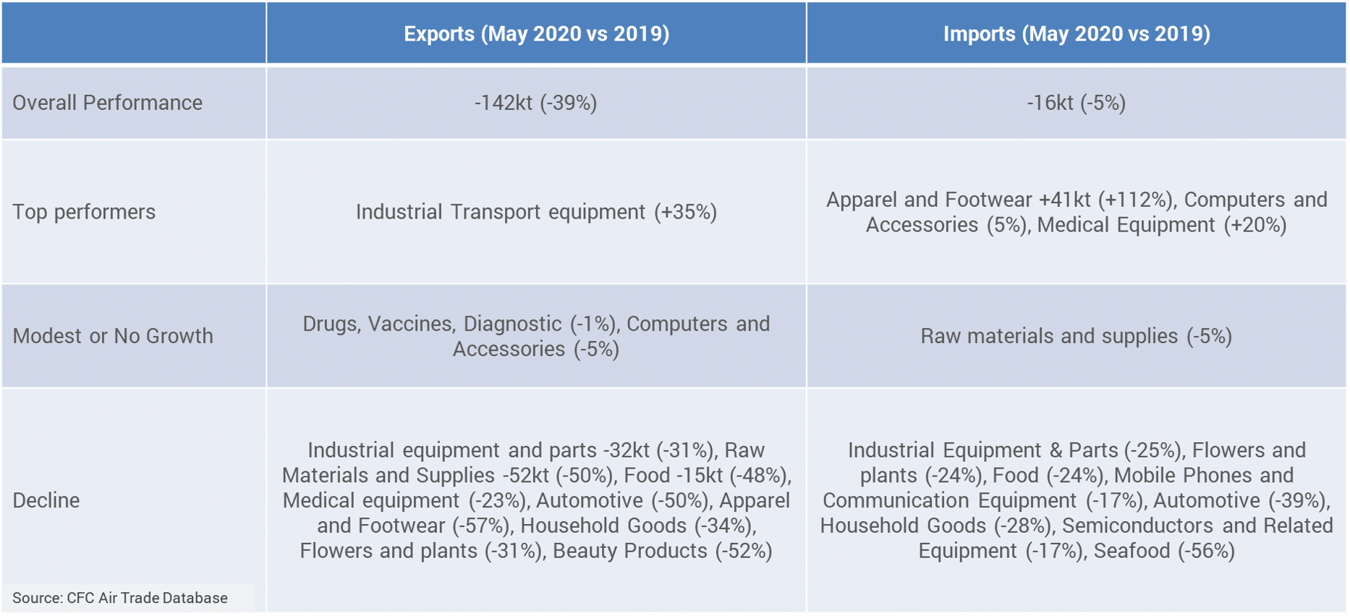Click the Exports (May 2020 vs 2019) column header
(x=536, y=34)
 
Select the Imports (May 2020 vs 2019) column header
(x=1077, y=34)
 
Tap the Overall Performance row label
(x=107, y=103)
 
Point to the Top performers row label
(x=84, y=212)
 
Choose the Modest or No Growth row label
(x=113, y=336)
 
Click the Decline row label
(x=46, y=500)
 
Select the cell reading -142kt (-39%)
(x=536, y=103)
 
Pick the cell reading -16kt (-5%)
(x=1077, y=103)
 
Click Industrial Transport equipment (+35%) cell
(x=536, y=212)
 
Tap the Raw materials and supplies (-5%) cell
(x=1077, y=336)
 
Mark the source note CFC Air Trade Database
(x=120, y=598)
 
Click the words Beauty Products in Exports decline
(x=630, y=551)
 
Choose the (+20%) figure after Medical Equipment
(x=1255, y=225)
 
